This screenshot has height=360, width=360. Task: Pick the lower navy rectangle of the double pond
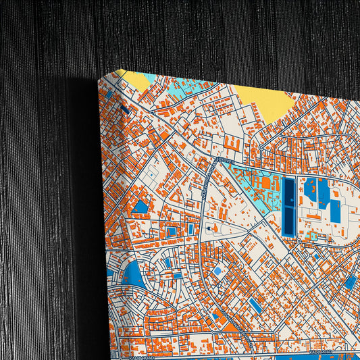(x=288, y=220)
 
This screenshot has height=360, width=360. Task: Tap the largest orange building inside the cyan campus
(x=265, y=183)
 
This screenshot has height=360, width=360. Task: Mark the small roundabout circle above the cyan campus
(x=260, y=147)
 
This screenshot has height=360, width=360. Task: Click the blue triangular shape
(x=141, y=206)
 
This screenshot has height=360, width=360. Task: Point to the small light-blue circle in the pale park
(x=217, y=271)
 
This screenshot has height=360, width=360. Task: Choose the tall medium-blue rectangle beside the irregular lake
(x=335, y=211)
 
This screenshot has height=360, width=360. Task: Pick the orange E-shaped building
(x=232, y=145)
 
